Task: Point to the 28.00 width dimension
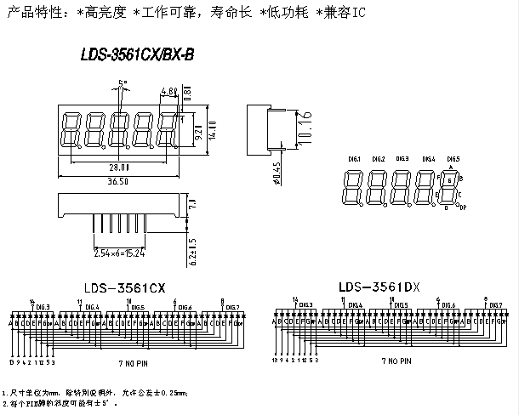(117, 168)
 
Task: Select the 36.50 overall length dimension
(118, 180)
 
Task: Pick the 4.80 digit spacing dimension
(167, 91)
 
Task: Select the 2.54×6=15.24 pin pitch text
(118, 252)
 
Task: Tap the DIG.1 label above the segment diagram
(355, 159)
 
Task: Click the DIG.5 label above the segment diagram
(453, 159)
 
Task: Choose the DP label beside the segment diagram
(463, 207)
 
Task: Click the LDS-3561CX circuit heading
(124, 287)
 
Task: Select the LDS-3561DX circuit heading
(379, 287)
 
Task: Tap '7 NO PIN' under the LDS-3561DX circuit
(395, 361)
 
